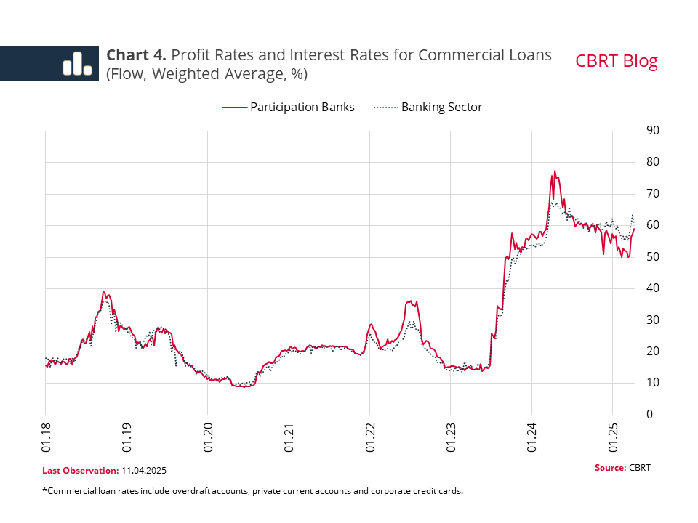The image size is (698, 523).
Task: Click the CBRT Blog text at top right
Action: pos(616,61)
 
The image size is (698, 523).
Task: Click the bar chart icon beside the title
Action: pos(76,63)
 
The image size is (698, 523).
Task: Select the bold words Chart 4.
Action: pos(137,55)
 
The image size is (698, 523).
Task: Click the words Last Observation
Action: pos(79,471)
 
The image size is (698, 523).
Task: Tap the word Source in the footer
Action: pos(609,467)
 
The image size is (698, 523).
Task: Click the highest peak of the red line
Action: pos(555,171)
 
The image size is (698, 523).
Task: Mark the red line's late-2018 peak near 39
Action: pos(104,291)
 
